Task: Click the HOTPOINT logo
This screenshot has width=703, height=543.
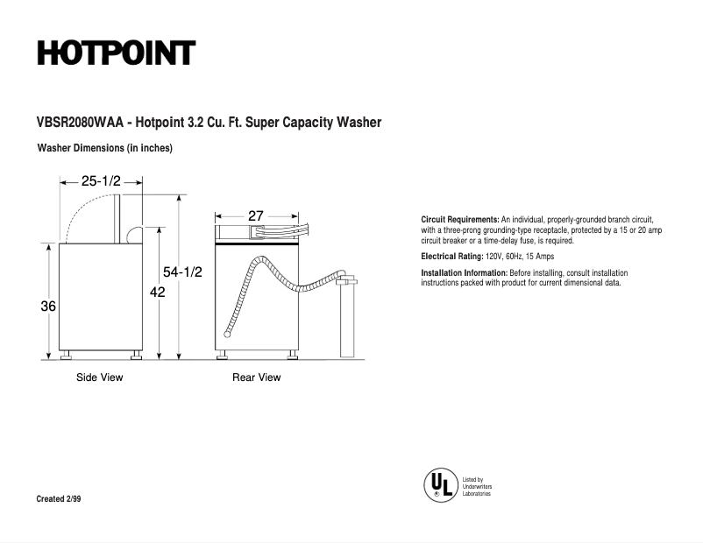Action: pos(115,53)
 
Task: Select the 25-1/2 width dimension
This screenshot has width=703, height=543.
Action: pos(101,181)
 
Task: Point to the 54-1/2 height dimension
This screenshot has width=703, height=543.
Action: pos(182,272)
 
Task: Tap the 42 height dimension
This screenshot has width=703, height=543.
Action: pos(158,293)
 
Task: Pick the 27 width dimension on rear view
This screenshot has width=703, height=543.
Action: pos(256,215)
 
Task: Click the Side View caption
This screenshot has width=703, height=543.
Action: pos(99,377)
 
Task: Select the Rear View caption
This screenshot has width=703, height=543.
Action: pos(256,377)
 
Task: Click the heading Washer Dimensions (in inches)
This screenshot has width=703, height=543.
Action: pos(104,148)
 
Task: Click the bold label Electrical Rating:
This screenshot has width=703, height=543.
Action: pos(452,257)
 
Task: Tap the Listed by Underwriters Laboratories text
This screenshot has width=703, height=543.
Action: pos(477,487)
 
